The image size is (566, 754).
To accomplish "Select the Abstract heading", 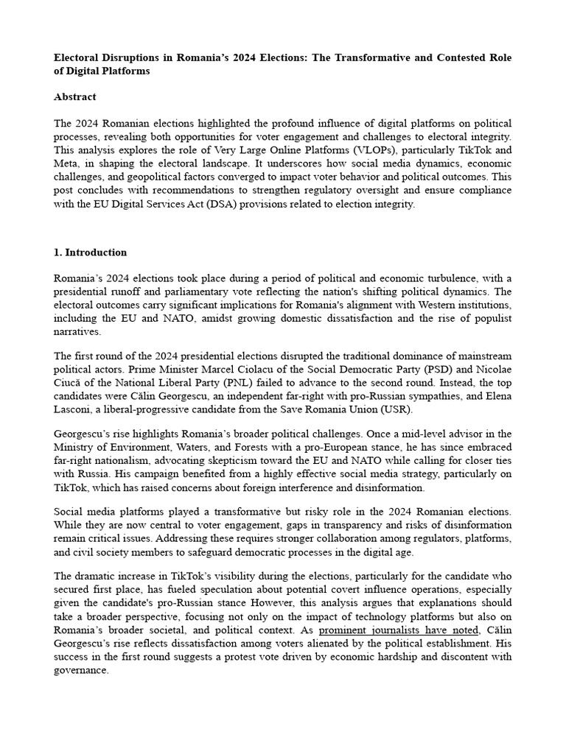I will click(75, 96).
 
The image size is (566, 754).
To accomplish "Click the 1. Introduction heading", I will click(91, 252).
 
